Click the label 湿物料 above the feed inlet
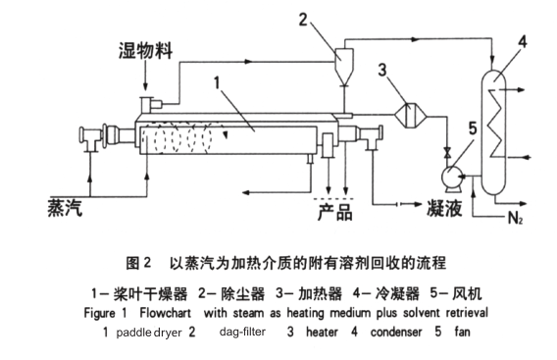point(146,50)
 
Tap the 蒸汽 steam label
point(65,208)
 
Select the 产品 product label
point(335,212)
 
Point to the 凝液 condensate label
point(444,208)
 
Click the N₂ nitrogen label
point(515,218)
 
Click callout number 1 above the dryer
point(217,83)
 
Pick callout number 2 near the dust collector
point(303,20)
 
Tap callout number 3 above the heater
point(382,70)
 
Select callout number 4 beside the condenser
point(522,42)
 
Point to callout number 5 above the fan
point(473,129)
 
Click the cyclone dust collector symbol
point(344,67)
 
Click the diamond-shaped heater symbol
point(410,115)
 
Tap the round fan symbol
point(451,176)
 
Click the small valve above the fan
point(447,154)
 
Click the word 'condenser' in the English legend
point(396,333)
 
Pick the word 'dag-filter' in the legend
point(242,332)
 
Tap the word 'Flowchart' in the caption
point(165,313)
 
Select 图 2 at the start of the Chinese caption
point(138,263)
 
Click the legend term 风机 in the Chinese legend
point(467,294)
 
